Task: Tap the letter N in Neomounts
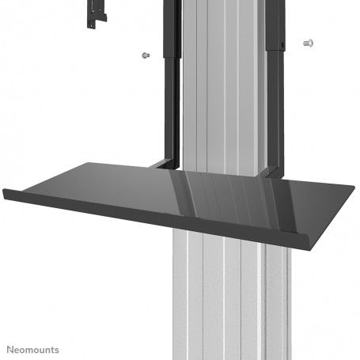pos(10,348)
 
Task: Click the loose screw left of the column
pos(144,55)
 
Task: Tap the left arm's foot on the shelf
pos(163,165)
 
